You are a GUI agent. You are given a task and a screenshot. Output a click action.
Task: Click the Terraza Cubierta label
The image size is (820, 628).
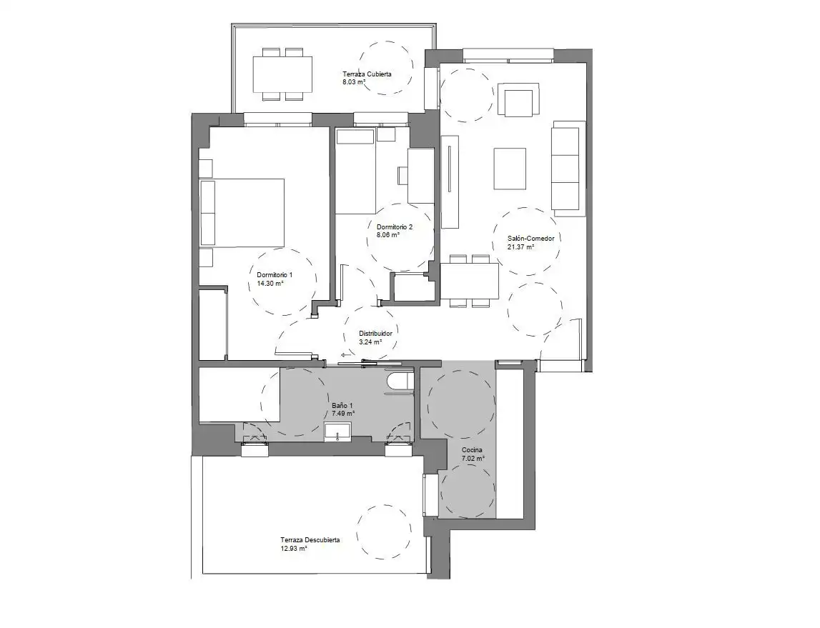coord(367,74)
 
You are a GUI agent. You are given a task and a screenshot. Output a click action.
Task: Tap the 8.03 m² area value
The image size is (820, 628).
coord(354,82)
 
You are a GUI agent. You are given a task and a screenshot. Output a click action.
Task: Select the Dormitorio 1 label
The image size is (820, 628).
coord(275,275)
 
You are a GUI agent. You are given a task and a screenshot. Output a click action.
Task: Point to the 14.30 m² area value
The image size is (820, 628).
coord(270,283)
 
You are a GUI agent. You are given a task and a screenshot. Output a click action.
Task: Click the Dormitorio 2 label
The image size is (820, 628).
coord(395,226)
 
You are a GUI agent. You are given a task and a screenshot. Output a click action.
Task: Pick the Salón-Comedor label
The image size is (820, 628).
coord(530,238)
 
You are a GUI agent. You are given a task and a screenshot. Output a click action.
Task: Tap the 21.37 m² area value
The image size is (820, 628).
coord(520,246)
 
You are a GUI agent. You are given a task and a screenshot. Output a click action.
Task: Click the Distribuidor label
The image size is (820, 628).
coord(375,334)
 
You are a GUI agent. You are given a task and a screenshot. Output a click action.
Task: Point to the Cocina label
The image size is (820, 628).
coord(472,450)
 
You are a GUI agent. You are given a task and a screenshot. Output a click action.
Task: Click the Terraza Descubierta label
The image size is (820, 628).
coord(310,540)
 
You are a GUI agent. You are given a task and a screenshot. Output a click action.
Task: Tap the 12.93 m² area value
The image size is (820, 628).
coord(293,549)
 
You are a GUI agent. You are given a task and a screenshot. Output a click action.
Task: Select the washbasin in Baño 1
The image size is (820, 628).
coord(338,433)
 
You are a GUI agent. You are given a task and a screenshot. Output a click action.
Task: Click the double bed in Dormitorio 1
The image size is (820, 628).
coord(242,212)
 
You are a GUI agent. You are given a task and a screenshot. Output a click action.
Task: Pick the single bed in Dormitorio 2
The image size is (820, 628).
coord(355,172)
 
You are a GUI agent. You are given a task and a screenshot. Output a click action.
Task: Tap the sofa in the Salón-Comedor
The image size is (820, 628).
coord(568,168)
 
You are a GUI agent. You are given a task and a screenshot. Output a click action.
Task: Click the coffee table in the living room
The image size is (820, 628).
coord(510,169)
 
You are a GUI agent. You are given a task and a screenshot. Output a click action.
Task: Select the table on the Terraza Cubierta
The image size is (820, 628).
coord(282,74)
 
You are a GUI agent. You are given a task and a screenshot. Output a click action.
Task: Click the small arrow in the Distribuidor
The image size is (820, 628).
coord(346,354)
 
